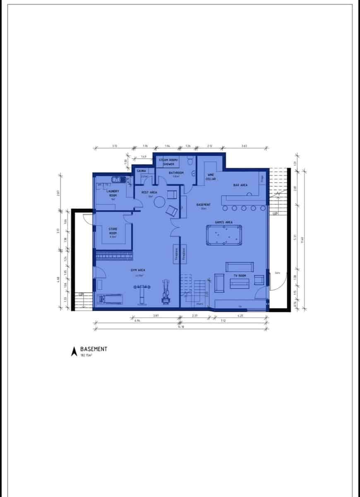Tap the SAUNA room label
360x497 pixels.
pyautogui.click(x=142, y=171)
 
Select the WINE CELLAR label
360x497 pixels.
pyautogui.click(x=211, y=177)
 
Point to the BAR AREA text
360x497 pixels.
pyautogui.click(x=240, y=185)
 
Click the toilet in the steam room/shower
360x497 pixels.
pyautogui.click(x=190, y=160)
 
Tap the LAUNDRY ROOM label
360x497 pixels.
pyautogui.click(x=113, y=193)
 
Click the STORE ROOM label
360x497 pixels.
pyautogui.click(x=113, y=231)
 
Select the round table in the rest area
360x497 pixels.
pyautogui.click(x=159, y=202)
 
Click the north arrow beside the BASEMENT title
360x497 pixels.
pyautogui.click(x=74, y=351)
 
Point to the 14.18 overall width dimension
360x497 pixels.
pyautogui.click(x=180, y=327)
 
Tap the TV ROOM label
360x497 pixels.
pyautogui.click(x=240, y=276)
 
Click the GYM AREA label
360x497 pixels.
pyautogui.click(x=138, y=270)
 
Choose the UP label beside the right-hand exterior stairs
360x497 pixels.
pyautogui.click(x=275, y=214)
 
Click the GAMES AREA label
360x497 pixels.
pyautogui.click(x=223, y=222)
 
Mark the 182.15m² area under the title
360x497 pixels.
pyautogui.click(x=86, y=355)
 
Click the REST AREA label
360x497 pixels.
pyautogui.click(x=149, y=193)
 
